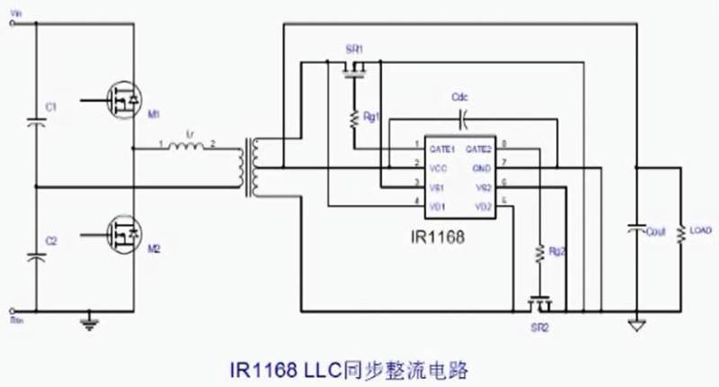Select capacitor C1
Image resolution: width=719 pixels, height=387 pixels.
(36, 120)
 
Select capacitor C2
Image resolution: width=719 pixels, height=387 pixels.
(36, 255)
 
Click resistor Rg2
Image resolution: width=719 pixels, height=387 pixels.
(539, 255)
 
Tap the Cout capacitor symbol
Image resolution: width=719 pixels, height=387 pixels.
(635, 230)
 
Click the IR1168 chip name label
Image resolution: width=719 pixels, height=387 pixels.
(434, 238)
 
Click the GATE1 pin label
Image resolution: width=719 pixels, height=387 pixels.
(442, 147)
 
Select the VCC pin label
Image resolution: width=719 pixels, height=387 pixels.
(438, 166)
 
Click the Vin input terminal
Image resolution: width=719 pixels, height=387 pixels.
(13, 23)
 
